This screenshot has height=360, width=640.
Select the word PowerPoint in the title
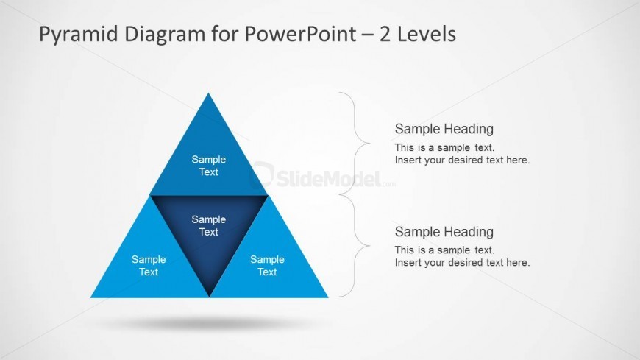[300, 34]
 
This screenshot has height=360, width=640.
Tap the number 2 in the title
[385, 34]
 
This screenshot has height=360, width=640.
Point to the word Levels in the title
[427, 34]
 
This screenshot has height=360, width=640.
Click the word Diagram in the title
[165, 35]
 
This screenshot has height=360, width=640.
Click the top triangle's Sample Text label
[209, 166]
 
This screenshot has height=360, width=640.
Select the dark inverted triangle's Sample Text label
[209, 225]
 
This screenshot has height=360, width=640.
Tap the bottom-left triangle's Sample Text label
[149, 266]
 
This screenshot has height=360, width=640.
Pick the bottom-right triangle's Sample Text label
[267, 266]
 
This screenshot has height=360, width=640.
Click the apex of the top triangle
[209, 93]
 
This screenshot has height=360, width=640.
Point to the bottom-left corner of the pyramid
[90, 297]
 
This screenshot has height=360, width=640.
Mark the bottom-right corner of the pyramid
[328, 297]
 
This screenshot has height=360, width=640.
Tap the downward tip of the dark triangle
[210, 296]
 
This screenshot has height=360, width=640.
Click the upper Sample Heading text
[444, 129]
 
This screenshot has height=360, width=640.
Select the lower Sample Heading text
[444, 232]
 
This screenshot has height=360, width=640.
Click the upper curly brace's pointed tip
[369, 144]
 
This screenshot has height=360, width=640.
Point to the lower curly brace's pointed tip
[369, 246]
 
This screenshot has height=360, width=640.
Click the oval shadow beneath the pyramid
[208, 324]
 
